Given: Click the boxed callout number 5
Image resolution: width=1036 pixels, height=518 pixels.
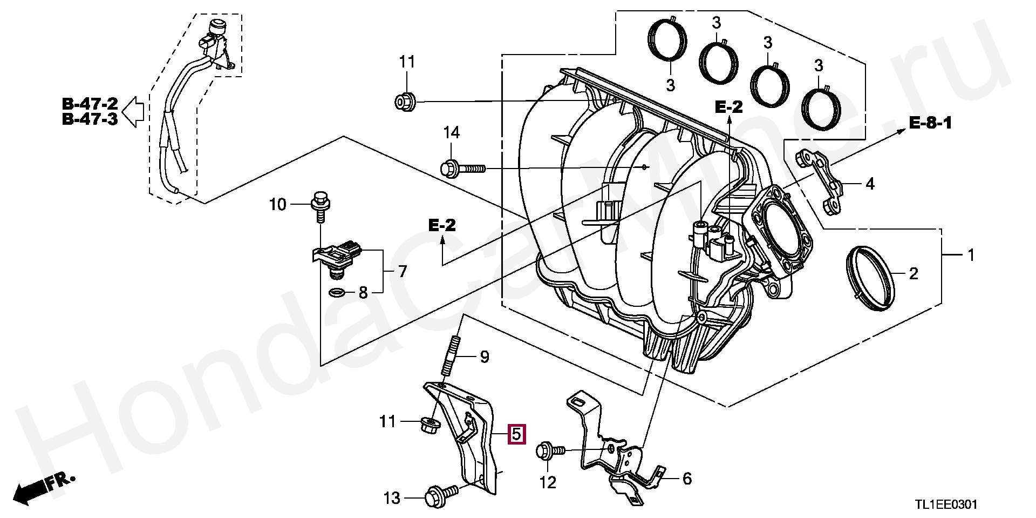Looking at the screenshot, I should (x=516, y=434).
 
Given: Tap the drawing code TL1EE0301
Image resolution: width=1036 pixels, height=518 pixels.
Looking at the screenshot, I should (x=945, y=504).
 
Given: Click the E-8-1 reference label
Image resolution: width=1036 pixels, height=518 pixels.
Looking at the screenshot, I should (x=930, y=123).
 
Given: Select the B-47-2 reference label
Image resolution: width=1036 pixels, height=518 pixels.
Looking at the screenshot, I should (x=90, y=104).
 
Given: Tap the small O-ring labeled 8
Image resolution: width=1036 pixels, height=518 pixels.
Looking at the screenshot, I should (x=336, y=293).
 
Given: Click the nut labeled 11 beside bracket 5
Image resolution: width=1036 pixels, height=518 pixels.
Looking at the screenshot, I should (x=430, y=424).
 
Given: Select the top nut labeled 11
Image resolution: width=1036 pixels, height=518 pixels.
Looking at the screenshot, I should (x=405, y=102).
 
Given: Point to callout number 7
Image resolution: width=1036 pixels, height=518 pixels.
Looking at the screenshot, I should (x=403, y=271).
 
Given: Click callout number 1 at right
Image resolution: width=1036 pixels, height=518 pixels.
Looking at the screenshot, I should (x=971, y=254).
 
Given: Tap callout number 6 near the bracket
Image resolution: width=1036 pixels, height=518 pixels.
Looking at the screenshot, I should (x=686, y=478).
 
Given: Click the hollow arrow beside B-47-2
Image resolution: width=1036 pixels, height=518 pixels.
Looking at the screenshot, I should (x=133, y=112).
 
